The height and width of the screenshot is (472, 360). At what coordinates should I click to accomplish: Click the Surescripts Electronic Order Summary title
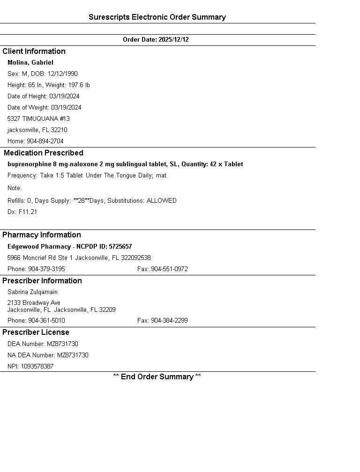point(157,17)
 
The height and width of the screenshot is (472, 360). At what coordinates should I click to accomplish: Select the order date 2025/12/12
point(173,40)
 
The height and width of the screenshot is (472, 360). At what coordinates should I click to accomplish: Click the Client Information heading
point(34,52)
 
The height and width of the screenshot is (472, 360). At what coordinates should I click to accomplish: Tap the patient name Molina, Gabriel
point(30,63)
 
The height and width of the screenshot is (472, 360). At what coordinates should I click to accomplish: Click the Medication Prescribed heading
point(44,153)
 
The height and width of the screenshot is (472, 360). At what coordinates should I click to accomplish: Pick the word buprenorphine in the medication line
point(28,164)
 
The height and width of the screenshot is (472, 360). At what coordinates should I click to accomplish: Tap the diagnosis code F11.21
point(28,212)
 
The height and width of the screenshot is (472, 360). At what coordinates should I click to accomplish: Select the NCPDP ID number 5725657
point(120,247)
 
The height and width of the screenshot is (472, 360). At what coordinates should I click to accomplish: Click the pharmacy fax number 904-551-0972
point(169,269)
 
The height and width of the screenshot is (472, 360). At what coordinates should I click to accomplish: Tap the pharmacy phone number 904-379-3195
point(46,269)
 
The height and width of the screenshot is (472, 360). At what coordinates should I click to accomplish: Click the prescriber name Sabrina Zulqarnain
point(32,292)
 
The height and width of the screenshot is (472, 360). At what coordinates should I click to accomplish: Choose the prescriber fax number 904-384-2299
point(169,321)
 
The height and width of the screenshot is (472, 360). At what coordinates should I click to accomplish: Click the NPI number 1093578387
point(37,367)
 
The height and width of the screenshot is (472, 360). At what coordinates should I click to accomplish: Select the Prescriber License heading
point(36,332)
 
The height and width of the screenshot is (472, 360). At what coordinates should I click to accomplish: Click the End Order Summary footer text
point(157,377)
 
